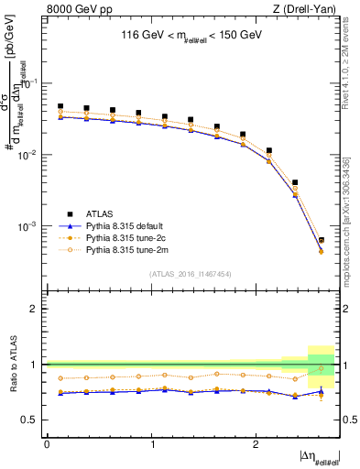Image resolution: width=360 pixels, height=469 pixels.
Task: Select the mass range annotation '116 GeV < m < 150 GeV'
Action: [x=192, y=36]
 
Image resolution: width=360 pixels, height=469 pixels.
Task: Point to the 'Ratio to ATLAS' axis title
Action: [x=12, y=365]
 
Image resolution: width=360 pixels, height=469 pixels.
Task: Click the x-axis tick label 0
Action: [x=47, y=442]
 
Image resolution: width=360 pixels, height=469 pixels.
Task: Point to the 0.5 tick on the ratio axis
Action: [x=31, y=420]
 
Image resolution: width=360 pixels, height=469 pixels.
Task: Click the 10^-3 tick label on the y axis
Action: [x=27, y=226]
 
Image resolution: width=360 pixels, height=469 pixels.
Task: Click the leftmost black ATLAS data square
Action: [x=60, y=106]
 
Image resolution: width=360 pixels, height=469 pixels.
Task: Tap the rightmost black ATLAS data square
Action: [x=321, y=241]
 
